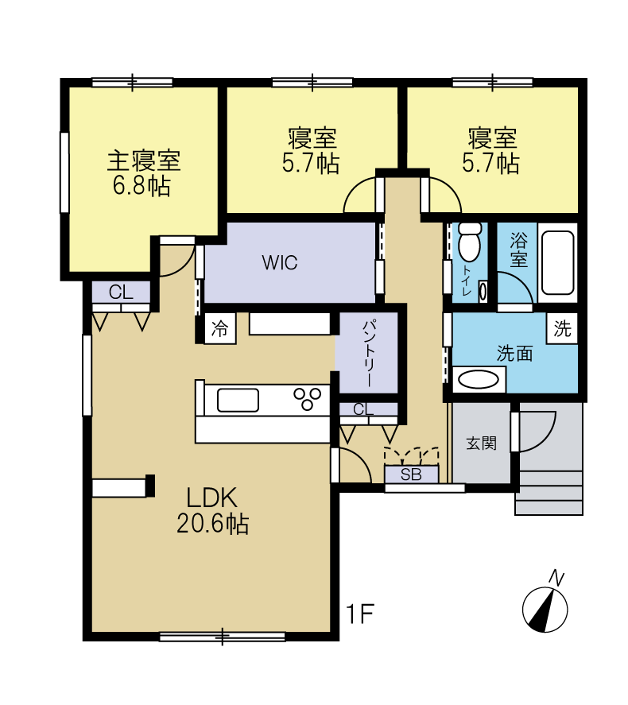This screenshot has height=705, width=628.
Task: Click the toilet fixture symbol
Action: pos(470,241)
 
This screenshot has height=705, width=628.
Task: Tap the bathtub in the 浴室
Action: pos(557,262)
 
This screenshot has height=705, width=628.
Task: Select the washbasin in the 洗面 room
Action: pos(479,379)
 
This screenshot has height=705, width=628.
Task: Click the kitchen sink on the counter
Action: pos(238,400)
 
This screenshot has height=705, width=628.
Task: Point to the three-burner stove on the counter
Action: pos(308,398)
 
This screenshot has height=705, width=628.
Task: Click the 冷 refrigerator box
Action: pos(220,329)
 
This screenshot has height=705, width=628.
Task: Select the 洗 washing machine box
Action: pos(562,328)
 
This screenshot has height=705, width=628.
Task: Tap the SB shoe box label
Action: pos(411,475)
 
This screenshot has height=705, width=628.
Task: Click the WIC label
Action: pos(280,262)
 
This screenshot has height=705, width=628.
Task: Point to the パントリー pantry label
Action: pos(368,353)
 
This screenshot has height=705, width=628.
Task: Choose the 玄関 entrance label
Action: pos(482,444)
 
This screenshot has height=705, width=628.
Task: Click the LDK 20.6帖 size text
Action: pos(212,523)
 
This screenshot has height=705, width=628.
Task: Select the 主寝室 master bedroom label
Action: pos(143,161)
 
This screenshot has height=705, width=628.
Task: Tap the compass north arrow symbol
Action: pos(545,610)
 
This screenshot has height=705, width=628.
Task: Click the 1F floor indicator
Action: pos(360,614)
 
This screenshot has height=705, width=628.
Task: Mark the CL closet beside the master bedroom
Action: pos(122,292)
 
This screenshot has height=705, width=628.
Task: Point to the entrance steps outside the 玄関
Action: pos(549,492)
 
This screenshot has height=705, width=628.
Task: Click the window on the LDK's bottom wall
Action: pos(223,637)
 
